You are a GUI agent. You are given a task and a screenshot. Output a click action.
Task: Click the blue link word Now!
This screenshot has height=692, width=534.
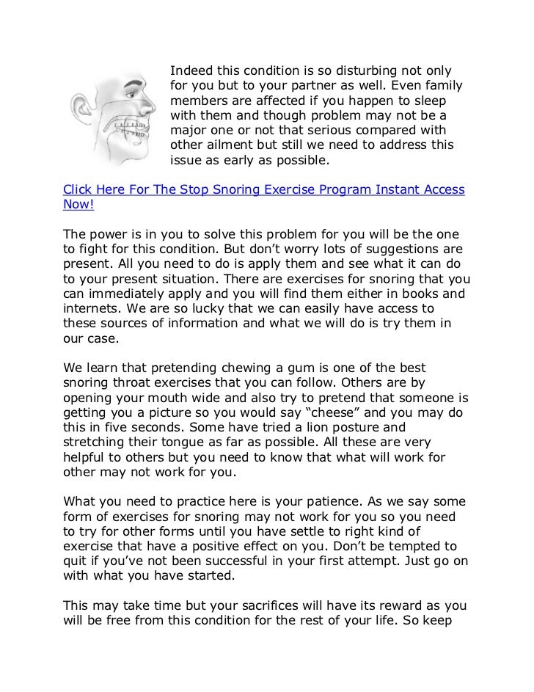(x=77, y=206)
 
